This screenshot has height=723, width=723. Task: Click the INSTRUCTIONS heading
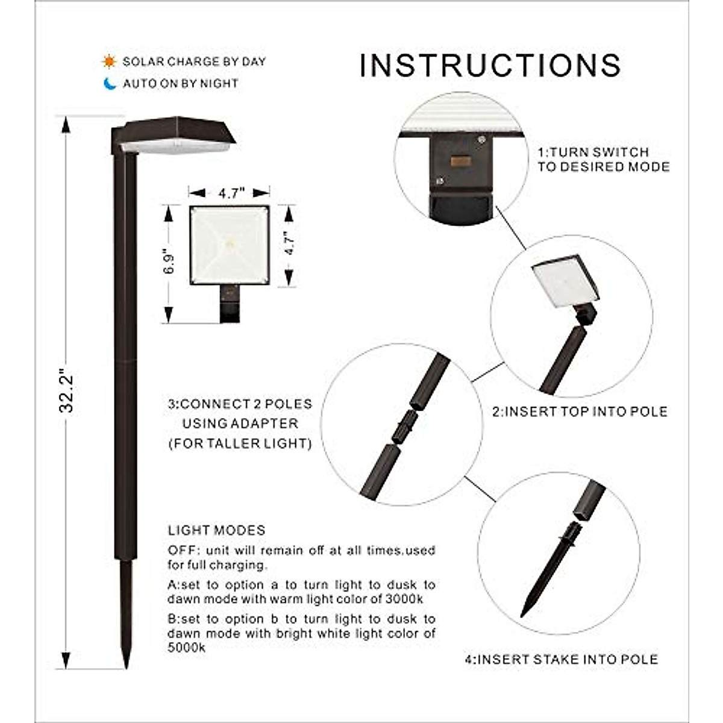(490, 65)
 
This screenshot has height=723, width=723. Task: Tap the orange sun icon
(108, 61)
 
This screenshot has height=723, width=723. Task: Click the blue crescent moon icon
(110, 84)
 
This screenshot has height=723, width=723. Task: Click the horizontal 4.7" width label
(230, 193)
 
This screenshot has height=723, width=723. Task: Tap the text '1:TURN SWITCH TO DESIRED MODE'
(603, 160)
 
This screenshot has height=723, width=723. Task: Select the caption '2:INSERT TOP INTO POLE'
(580, 412)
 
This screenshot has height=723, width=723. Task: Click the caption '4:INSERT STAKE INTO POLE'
(561, 659)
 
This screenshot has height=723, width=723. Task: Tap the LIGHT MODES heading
(216, 530)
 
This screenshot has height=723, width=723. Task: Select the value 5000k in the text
(186, 648)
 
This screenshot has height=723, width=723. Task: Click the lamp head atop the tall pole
(175, 136)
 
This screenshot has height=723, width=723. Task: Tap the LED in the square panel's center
(230, 244)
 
